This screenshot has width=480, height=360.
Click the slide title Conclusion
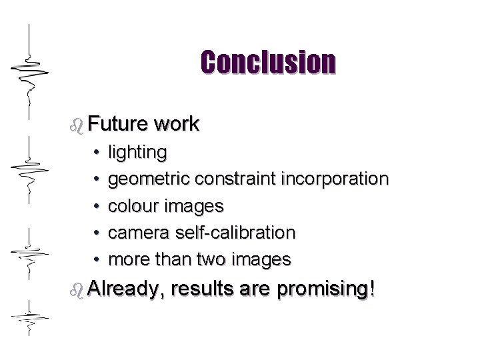point(268,62)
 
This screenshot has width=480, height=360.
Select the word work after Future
point(175,124)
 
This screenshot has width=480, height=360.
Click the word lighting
point(137,153)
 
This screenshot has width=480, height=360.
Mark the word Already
point(125,289)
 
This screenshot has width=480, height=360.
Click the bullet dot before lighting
point(96,153)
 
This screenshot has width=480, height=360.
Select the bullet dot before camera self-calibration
point(96,233)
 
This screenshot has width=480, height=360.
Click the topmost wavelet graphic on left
point(29,70)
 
